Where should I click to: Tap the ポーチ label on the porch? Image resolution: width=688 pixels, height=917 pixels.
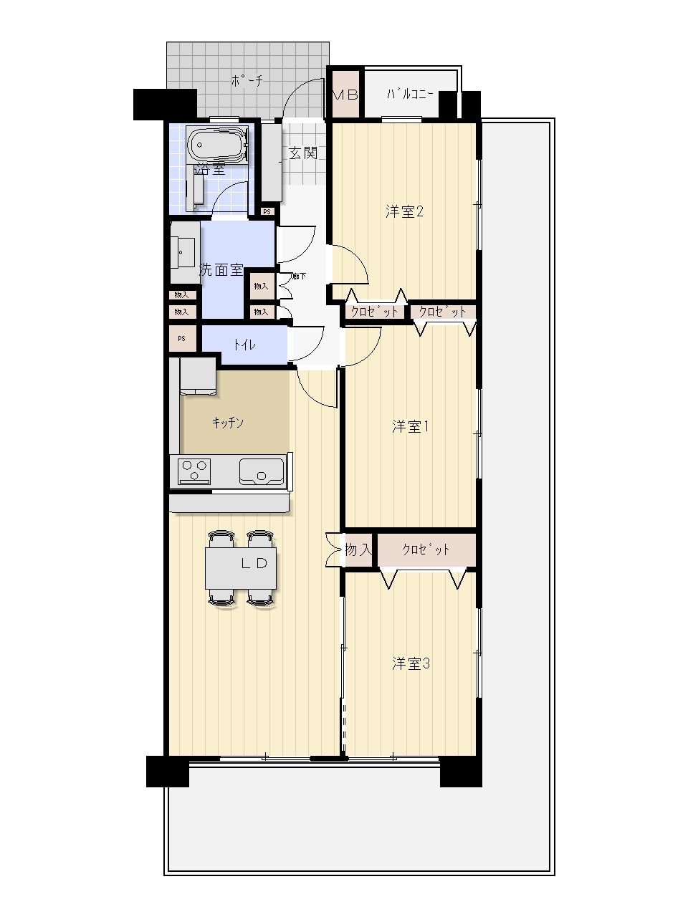(x=247, y=81)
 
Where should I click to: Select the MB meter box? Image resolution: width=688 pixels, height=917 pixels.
(x=345, y=95)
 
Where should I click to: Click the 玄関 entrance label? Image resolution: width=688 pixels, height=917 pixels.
(x=303, y=153)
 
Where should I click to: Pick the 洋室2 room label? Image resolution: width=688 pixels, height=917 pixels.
(x=404, y=212)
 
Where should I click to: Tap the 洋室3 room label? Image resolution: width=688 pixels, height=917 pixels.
(x=411, y=663)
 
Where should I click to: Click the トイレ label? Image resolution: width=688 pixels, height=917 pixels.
(x=244, y=345)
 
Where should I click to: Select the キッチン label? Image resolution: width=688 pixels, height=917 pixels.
(x=228, y=423)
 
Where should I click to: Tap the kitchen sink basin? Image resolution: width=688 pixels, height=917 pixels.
(x=262, y=471)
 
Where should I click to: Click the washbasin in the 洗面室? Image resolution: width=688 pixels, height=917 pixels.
(x=183, y=252)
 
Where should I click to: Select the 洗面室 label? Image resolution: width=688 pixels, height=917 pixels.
(x=221, y=270)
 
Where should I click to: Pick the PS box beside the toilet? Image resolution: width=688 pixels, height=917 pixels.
(x=183, y=338)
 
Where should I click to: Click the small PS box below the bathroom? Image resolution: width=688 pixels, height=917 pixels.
(x=267, y=212)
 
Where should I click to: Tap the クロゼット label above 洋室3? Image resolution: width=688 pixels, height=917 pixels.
(x=426, y=549)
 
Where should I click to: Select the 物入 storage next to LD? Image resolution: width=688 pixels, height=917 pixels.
(x=358, y=549)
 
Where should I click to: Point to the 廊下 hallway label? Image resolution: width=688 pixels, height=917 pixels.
(x=300, y=276)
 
